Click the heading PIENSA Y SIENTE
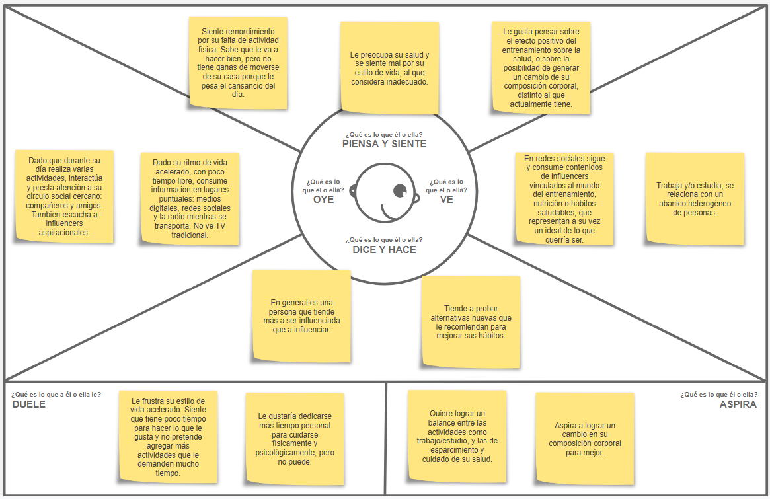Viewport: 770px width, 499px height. tap(384, 144)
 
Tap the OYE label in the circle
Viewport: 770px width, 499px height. tap(324, 200)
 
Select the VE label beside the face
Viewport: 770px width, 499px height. tap(446, 200)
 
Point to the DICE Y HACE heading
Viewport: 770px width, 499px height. tap(384, 250)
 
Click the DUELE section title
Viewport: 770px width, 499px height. tap(29, 404)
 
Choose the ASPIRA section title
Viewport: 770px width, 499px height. tap(738, 404)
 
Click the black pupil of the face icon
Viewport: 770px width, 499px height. tap(400, 191)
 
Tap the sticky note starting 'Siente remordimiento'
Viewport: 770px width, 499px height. tap(237, 63)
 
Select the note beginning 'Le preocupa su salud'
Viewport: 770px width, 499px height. tap(389, 67)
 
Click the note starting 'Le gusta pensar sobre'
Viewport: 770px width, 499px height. tap(541, 67)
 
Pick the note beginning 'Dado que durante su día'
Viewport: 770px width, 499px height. tap(64, 196)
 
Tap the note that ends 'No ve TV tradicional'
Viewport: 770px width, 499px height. tap(190, 198)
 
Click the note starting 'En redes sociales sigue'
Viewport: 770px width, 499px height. tap(564, 199)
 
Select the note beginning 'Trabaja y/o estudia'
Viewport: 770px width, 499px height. tap(694, 199)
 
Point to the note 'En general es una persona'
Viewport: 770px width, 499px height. tap(301, 316)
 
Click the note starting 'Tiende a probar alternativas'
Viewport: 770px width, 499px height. tap(471, 321)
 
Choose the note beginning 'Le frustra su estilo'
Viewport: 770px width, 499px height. tap(168, 436)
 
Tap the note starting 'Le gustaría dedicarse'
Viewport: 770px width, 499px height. tap(294, 438)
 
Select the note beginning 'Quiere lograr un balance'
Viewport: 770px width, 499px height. tap(457, 436)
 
